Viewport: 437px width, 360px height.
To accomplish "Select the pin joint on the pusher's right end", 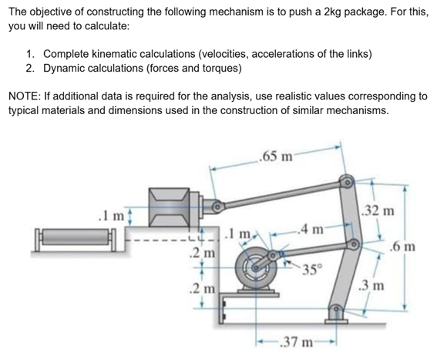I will [x=217, y=207].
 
